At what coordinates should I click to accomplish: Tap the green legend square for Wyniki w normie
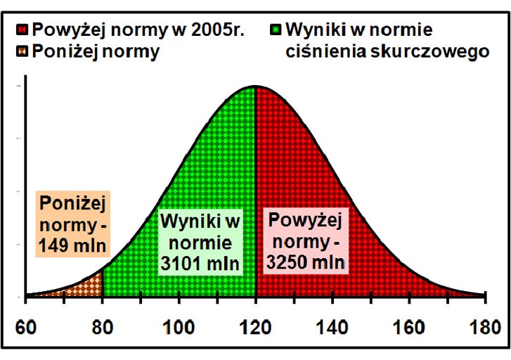[276, 31]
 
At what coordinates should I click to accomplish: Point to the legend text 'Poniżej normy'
[96, 51]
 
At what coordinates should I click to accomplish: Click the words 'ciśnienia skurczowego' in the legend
[387, 51]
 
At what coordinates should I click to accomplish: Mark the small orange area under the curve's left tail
[87, 287]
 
